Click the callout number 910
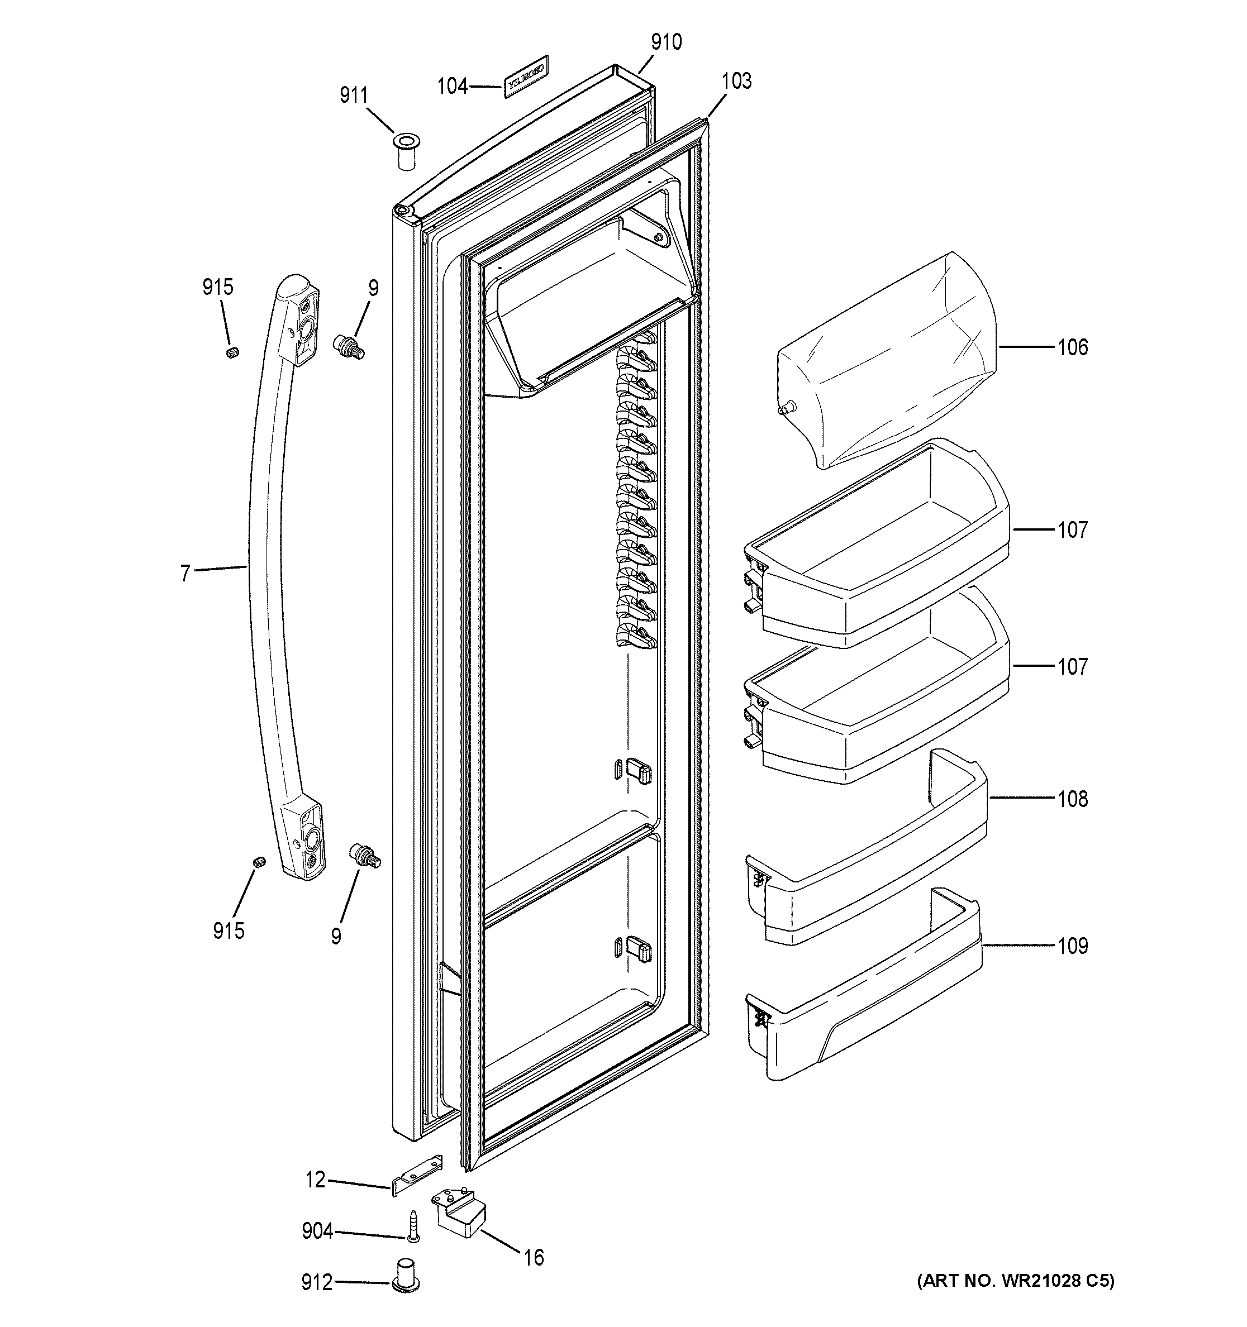665,42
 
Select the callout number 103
736,81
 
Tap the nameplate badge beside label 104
525,76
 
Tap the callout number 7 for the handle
185,572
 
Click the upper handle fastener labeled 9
348,347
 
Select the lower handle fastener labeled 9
364,855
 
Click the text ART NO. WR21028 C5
1015,1281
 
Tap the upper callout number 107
1072,530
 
